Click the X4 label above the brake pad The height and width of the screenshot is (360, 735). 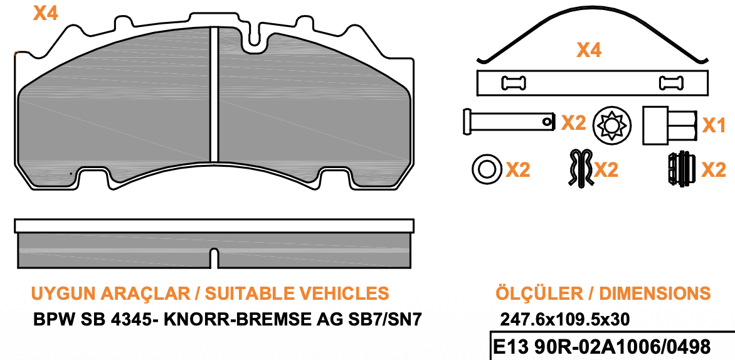(x=45, y=13)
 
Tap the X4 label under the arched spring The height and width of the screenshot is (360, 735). (x=588, y=50)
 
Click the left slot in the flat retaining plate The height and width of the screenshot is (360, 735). (x=514, y=82)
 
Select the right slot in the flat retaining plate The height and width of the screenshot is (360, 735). (x=671, y=82)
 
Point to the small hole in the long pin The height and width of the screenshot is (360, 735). (x=549, y=119)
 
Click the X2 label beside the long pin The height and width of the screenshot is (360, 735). (x=573, y=122)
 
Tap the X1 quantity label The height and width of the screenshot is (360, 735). (x=714, y=125)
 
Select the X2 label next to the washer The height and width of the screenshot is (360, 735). (x=518, y=169)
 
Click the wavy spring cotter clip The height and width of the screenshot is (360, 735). (x=581, y=168)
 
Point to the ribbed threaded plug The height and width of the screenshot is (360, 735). (x=680, y=169)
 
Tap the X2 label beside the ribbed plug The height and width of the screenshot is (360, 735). (x=714, y=169)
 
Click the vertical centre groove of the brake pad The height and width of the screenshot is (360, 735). (x=213, y=94)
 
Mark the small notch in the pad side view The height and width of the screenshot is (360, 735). (x=213, y=257)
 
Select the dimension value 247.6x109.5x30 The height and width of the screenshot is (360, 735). (x=564, y=319)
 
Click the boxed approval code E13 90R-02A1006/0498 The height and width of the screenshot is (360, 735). (x=602, y=347)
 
